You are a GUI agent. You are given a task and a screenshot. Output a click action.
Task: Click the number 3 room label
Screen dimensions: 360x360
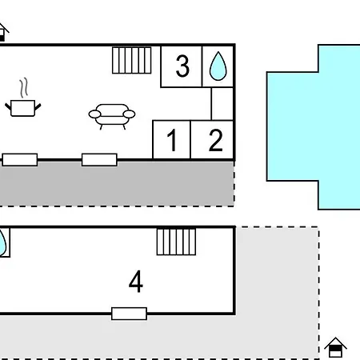[182, 66]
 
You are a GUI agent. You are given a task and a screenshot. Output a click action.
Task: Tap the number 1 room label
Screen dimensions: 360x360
[172, 140]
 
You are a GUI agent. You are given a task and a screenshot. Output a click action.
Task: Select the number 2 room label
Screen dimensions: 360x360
[215, 140]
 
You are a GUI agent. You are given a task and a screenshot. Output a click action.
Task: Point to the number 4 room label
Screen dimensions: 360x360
[136, 282]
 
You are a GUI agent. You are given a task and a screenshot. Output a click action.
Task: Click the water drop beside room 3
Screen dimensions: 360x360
[218, 66]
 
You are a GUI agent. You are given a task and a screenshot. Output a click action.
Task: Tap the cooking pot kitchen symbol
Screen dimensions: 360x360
[23, 108]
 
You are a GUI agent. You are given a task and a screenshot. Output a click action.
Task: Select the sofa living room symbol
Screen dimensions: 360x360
[112, 116]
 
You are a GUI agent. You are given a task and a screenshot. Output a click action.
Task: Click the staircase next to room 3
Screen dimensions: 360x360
[132, 60]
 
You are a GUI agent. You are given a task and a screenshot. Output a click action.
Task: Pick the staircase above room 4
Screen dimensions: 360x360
[176, 242]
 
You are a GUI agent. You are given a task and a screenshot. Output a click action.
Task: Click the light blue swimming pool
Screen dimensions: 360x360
[314, 126]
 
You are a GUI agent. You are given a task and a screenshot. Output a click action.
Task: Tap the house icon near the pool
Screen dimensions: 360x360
[335, 347]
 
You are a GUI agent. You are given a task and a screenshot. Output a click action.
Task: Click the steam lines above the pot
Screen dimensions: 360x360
[24, 88]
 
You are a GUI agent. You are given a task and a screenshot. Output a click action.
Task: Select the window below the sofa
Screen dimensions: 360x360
[99, 160]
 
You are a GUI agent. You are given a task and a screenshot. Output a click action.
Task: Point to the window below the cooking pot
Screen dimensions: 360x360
[20, 160]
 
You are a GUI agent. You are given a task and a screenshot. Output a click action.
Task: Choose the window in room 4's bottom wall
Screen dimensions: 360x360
[129, 314]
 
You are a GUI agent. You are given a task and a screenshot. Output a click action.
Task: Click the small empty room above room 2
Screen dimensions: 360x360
[222, 104]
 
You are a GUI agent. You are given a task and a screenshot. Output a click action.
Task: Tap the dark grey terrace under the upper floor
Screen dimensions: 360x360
[117, 183]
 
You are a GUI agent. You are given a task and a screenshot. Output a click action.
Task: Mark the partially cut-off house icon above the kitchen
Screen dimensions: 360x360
[3, 32]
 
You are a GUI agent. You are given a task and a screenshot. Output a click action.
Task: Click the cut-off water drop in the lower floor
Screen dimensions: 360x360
[2, 243]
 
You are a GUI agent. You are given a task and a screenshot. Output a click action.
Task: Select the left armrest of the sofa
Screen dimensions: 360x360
[94, 114]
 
